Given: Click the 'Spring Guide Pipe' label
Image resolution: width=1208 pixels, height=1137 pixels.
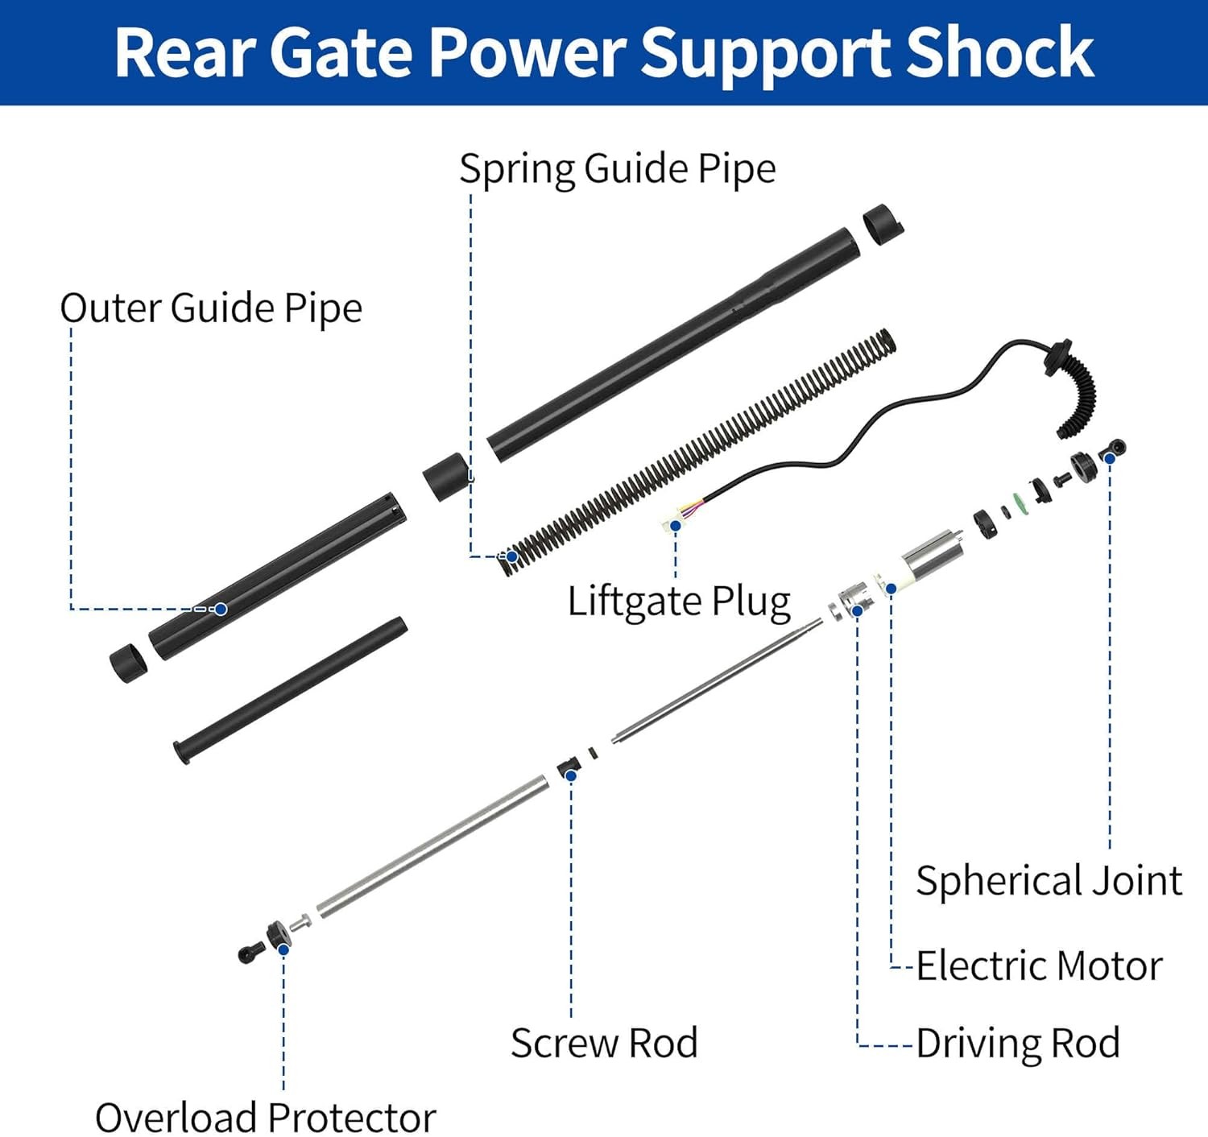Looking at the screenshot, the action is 618,169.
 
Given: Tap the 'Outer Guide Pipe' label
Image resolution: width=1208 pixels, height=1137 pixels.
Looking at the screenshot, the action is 211,308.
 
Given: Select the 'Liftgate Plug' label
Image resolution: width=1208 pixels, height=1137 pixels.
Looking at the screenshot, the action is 679,602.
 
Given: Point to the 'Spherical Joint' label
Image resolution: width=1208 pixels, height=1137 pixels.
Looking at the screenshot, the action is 1049,881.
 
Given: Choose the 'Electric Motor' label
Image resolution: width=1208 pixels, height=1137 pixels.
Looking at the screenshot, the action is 1040,966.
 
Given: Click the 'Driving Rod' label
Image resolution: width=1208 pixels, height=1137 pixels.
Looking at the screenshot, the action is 1018,1044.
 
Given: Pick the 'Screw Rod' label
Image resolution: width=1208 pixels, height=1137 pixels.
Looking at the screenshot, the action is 604,1044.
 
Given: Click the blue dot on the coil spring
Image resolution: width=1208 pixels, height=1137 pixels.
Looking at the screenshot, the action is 512,556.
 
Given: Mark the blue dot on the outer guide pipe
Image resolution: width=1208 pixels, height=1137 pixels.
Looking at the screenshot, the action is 221,608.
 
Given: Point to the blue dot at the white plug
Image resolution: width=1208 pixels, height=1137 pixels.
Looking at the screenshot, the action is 675,525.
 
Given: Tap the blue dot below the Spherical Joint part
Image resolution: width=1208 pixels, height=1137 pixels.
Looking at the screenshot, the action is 1110,458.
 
